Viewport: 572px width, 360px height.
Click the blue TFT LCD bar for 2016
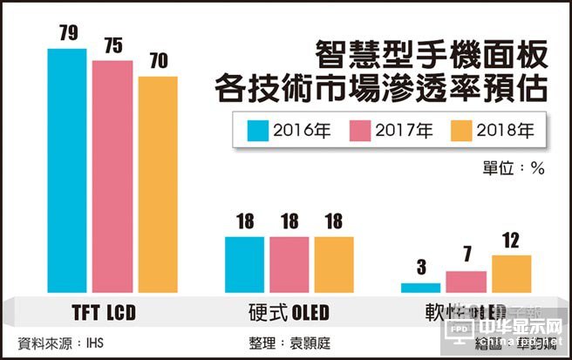pyautogui.click(x=67, y=171)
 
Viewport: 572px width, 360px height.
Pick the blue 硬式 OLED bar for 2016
pyautogui.click(x=244, y=264)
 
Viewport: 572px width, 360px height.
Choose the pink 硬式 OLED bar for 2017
pyautogui.click(x=289, y=264)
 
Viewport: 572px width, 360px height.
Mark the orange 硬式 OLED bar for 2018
pyautogui.click(x=335, y=264)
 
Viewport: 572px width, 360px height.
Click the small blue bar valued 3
pyautogui.click(x=421, y=288)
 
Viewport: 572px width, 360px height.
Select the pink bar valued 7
pyautogui.click(x=466, y=282)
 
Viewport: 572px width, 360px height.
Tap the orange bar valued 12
pyautogui.click(x=512, y=274)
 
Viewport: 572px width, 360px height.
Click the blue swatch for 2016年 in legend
pyautogui.click(x=258, y=132)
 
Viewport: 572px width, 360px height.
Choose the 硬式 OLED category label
pyautogui.click(x=289, y=310)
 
